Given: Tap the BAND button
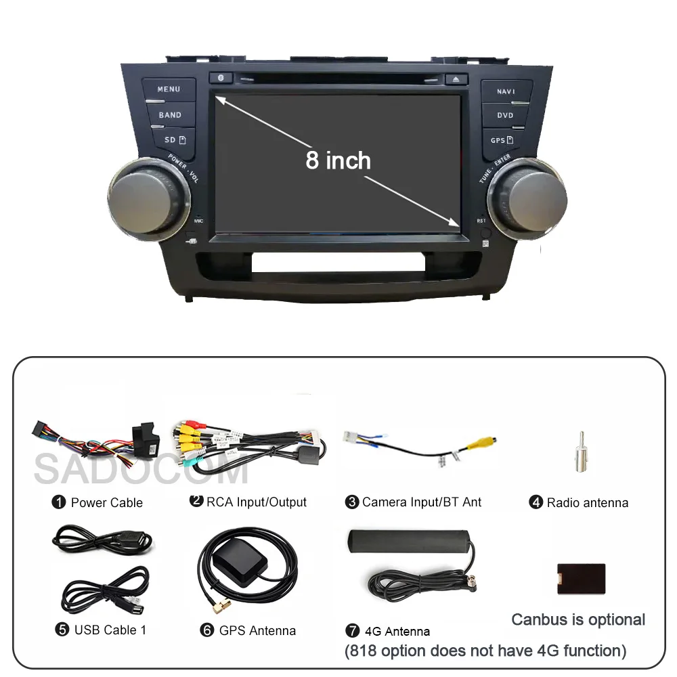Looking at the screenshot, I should click(170, 115).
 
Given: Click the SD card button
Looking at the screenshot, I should click(170, 140).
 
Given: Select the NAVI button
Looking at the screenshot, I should click(506, 91).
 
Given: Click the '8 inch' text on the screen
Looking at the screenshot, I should click(338, 160).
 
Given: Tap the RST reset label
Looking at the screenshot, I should click(481, 221).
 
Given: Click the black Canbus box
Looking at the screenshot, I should click(581, 579).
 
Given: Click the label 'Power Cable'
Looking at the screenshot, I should click(107, 503).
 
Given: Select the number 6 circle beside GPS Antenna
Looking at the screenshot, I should click(207, 630).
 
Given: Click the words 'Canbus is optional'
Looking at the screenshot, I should click(578, 619).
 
